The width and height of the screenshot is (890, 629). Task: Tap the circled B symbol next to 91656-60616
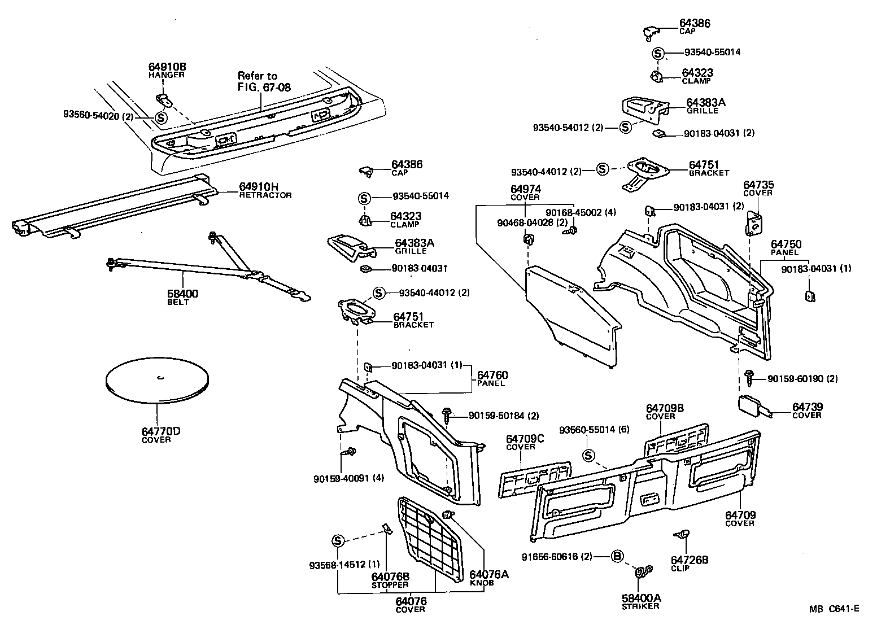tap(617, 557)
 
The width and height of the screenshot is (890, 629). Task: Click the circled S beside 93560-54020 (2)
tap(161, 118)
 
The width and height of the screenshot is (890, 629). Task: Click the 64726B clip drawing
tap(682, 534)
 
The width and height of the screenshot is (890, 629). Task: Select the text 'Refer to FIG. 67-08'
tap(258, 81)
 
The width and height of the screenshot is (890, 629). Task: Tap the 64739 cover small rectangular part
tap(751, 406)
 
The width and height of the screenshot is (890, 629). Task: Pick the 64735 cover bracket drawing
tap(754, 222)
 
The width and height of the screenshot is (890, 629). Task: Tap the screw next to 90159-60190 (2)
tap(751, 378)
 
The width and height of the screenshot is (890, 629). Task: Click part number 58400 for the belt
tap(182, 294)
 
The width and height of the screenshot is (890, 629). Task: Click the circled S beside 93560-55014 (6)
tap(588, 455)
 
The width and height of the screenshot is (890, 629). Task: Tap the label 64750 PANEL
tap(786, 247)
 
